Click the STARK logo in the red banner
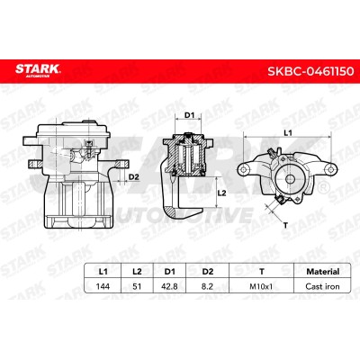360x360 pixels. point(38,70)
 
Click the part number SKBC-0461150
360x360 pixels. point(310,71)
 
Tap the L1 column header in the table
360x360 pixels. point(103,272)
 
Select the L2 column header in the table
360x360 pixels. point(137,272)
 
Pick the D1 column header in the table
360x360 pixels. point(170,272)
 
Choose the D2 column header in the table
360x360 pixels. point(208,272)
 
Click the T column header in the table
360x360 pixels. point(262,272)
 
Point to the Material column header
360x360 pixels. point(323,272)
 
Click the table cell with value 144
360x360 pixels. point(103,286)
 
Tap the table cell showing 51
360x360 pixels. point(137,286)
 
